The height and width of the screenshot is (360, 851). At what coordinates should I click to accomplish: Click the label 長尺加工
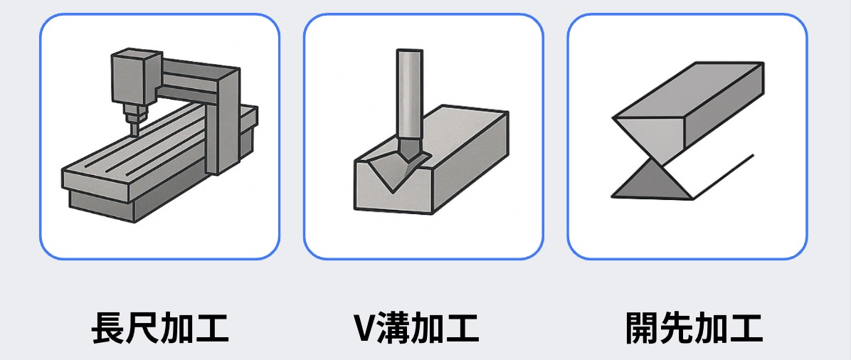pyautogui.click(x=160, y=327)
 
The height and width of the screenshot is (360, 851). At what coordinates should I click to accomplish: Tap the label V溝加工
pyautogui.click(x=416, y=327)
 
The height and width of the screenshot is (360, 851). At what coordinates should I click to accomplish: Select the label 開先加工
pyautogui.click(x=694, y=327)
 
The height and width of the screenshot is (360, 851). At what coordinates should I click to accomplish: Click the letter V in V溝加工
pyautogui.click(x=364, y=328)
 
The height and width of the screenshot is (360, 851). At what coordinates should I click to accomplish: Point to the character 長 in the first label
pyautogui.click(x=108, y=327)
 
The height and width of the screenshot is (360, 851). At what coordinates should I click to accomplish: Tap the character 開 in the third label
pyautogui.click(x=642, y=327)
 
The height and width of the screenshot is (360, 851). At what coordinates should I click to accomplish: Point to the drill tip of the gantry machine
pyautogui.click(x=132, y=129)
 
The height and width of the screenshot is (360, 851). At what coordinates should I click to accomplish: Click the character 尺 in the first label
pyautogui.click(x=143, y=327)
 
